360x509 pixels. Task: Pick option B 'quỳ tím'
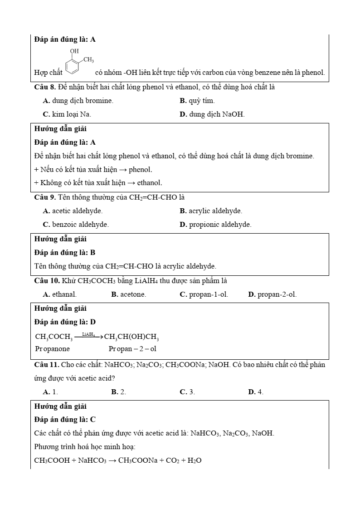point(197,101)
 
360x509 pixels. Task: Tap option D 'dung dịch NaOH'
point(212,114)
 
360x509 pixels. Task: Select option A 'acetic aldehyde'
point(73,211)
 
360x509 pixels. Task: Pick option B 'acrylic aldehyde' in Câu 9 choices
point(211,211)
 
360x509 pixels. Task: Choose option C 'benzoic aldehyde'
point(76,225)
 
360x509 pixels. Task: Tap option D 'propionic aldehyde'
point(215,225)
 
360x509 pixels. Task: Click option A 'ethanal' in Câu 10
point(60,294)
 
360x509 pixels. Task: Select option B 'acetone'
point(129,294)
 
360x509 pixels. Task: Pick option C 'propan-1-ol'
point(204,294)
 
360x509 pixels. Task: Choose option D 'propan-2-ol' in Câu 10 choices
point(272,294)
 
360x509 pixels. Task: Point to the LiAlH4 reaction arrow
point(88,337)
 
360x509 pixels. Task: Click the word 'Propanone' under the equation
point(52,349)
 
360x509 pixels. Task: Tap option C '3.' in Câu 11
point(187,392)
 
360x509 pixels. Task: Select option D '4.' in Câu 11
point(256,392)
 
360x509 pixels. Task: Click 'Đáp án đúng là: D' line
point(65,322)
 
